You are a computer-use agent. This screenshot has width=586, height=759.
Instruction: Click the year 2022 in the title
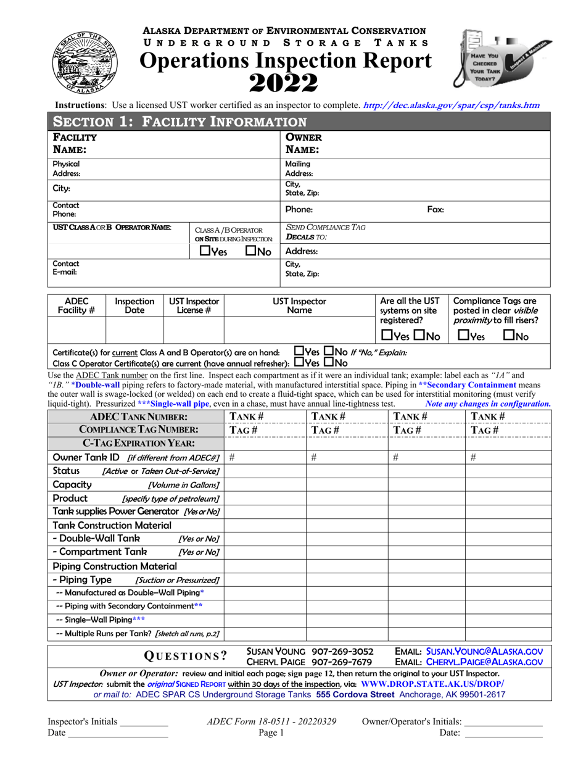284,81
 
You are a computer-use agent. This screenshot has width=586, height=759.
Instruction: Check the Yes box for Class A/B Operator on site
205,252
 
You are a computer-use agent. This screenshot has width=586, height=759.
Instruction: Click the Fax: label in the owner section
435,209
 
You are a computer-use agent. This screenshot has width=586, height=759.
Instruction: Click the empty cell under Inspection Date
134,330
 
